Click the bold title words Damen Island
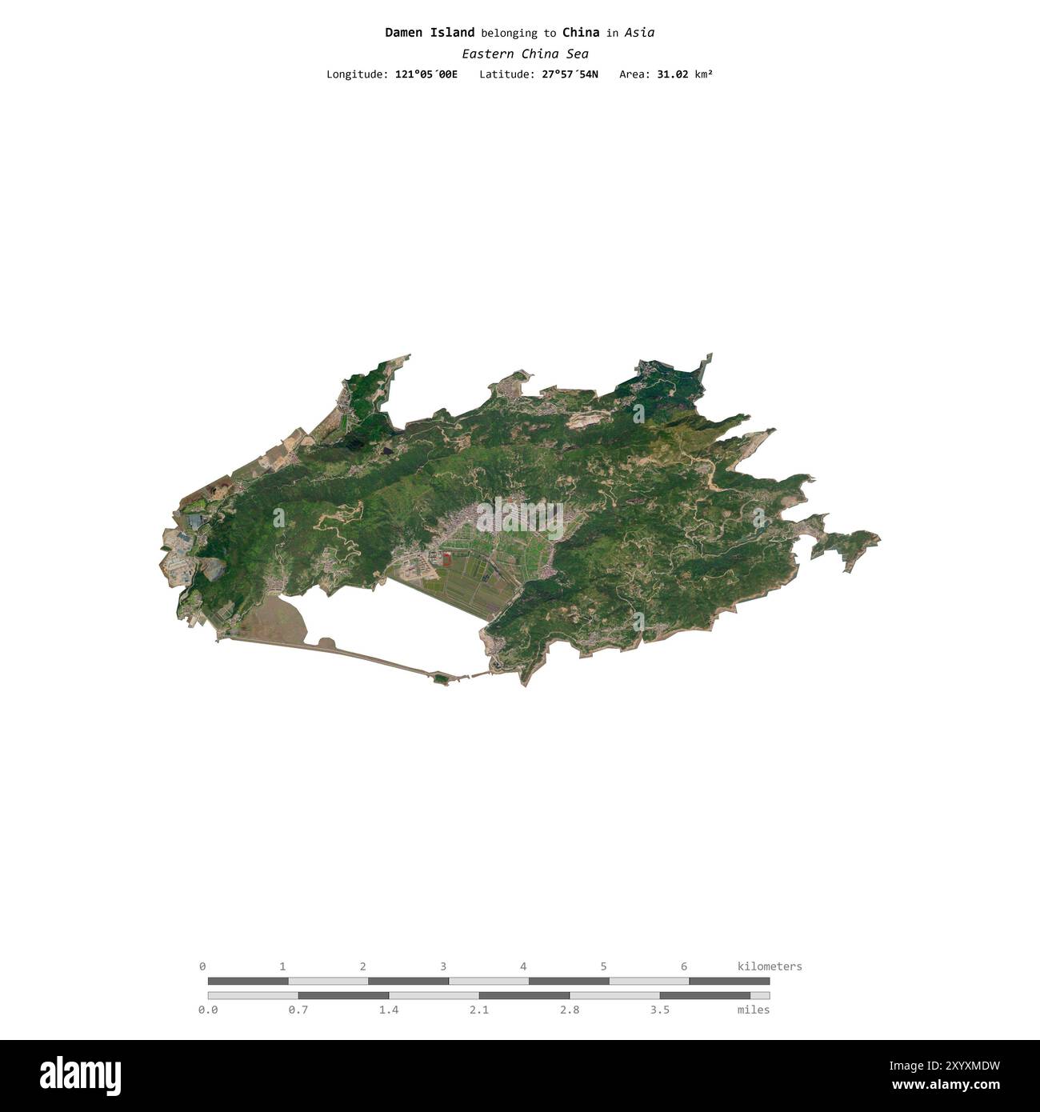[430, 33]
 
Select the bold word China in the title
[581, 33]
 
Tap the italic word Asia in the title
[639, 33]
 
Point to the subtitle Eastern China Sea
[525, 54]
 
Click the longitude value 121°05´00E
[426, 74]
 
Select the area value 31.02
[673, 74]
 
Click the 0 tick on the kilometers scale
[202, 966]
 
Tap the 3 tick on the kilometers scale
[443, 966]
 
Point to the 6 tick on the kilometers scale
[684, 966]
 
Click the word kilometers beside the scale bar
[769, 966]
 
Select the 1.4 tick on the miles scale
[389, 1010]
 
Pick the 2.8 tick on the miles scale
[570, 1010]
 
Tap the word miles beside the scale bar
[753, 1010]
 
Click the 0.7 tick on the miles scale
[298, 1010]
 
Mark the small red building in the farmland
[446, 554]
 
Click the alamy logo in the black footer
[80, 1075]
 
